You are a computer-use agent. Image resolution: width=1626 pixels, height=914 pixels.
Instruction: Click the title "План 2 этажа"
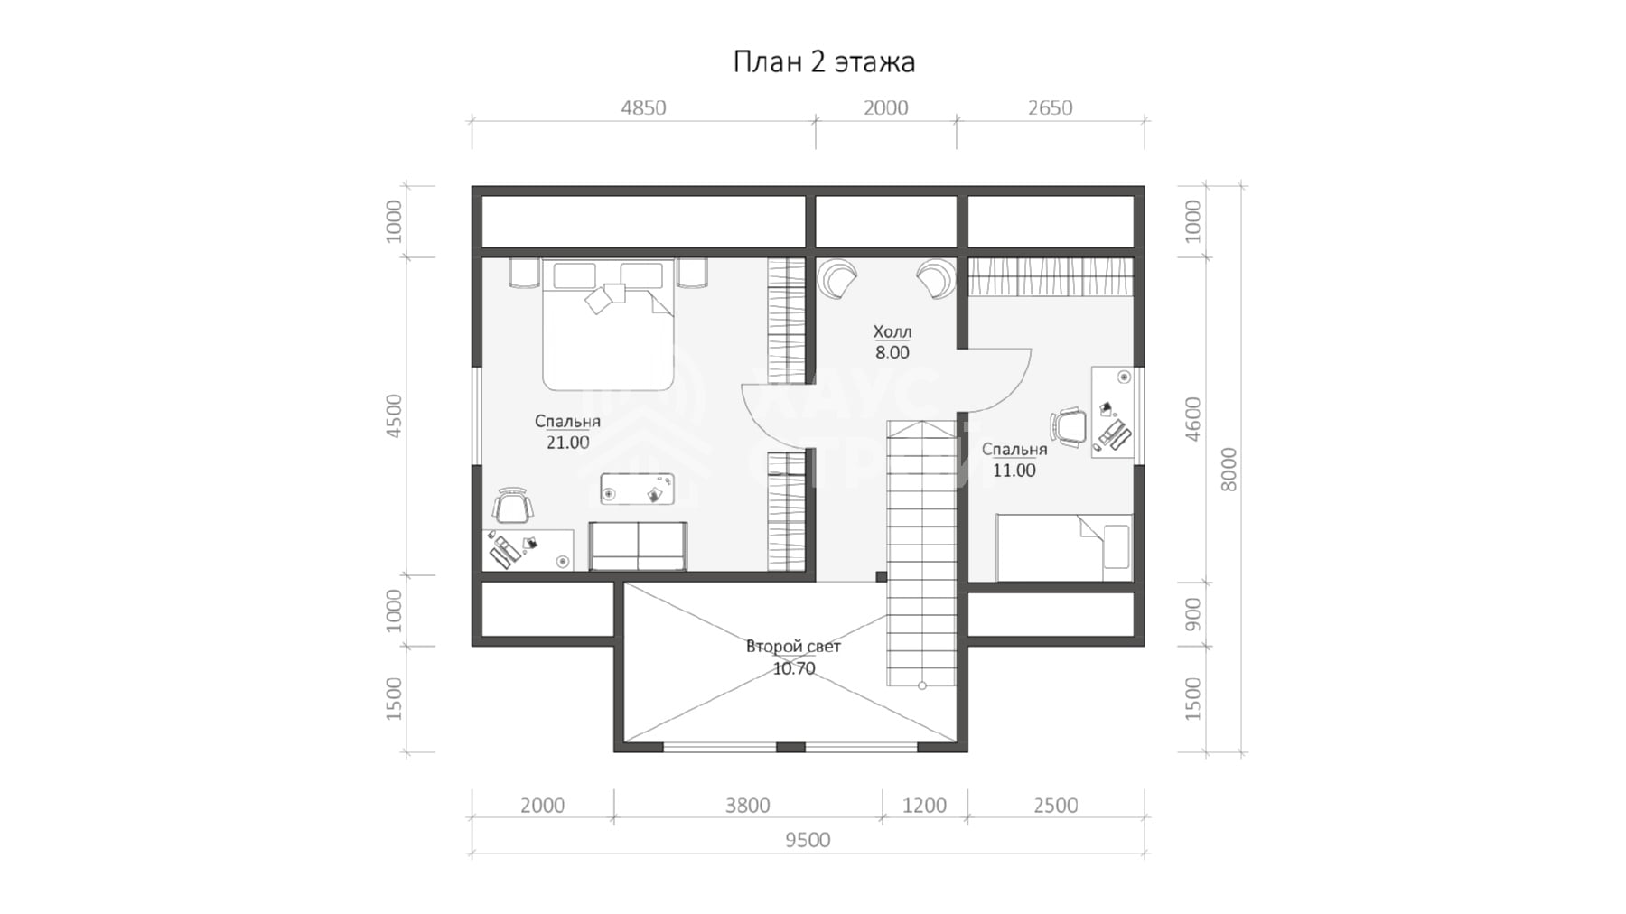click(824, 62)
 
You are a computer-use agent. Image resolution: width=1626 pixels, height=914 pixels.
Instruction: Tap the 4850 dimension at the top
click(643, 108)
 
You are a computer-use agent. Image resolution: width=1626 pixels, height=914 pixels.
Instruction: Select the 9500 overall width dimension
click(808, 841)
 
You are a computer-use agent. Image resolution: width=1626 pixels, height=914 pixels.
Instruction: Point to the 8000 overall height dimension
click(1229, 469)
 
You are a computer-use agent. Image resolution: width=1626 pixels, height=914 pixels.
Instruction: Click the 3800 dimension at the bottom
click(747, 806)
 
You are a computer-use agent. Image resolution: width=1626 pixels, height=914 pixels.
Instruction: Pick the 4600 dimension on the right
click(1192, 419)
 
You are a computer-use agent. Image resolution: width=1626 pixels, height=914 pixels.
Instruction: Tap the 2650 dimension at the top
click(1050, 108)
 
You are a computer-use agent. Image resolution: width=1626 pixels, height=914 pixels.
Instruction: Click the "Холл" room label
click(892, 331)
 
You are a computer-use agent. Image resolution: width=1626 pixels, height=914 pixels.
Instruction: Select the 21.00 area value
click(567, 443)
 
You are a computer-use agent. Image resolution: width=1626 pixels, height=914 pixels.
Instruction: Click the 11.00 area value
click(1014, 471)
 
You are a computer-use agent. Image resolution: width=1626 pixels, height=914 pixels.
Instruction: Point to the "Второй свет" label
click(793, 647)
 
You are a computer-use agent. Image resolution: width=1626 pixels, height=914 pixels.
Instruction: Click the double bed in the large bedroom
click(608, 325)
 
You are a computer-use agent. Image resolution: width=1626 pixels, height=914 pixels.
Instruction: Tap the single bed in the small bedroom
click(1064, 548)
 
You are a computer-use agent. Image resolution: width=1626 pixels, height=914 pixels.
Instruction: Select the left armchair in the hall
click(838, 276)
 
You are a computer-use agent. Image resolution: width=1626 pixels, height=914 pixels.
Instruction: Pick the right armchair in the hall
click(934, 277)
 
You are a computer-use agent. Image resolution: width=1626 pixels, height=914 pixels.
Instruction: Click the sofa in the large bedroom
click(638, 546)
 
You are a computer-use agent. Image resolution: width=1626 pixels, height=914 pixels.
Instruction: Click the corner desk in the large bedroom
click(528, 550)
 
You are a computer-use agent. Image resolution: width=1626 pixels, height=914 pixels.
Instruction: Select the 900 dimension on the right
click(1192, 614)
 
